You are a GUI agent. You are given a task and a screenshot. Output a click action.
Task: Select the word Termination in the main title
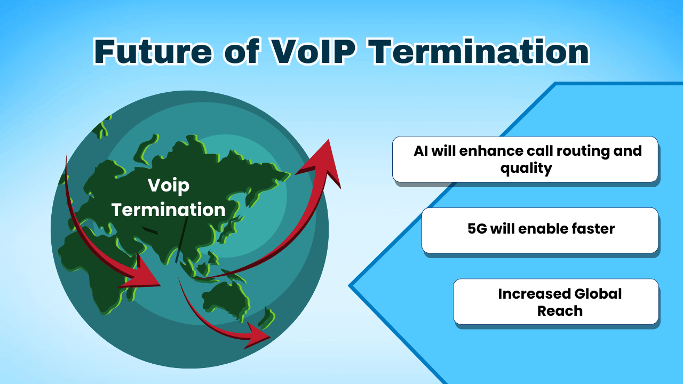click(479, 52)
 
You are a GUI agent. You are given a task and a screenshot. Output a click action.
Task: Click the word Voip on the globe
click(169, 186)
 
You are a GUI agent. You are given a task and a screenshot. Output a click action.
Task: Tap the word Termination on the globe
click(169, 209)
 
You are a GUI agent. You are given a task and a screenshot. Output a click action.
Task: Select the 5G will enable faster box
click(539, 230)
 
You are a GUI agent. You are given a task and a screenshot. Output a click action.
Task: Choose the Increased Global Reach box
click(555, 301)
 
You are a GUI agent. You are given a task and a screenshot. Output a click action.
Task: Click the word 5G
click(476, 229)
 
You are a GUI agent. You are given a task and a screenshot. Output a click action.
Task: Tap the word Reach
click(559, 310)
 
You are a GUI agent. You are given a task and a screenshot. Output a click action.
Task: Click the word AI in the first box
click(420, 150)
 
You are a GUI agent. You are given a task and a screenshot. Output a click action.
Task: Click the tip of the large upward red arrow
click(330, 142)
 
